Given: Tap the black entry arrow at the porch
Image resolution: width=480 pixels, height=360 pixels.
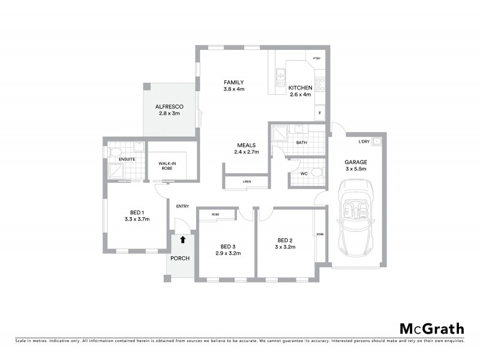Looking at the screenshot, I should point(183,239).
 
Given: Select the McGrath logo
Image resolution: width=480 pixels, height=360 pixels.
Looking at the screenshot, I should point(432,328).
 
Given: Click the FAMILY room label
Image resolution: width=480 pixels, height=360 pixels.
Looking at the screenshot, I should point(233,86).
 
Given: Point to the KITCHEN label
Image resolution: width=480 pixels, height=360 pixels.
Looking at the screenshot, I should point(300,91).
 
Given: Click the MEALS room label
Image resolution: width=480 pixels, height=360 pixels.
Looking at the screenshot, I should point(246,148).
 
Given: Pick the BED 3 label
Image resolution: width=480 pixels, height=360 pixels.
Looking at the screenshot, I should point(228,250).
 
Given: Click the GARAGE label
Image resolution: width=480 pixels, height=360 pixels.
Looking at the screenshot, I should point(356,166).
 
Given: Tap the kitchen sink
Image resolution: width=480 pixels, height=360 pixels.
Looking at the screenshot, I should point(280,76).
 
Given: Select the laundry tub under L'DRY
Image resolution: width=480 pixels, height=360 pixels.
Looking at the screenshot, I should point(376,142).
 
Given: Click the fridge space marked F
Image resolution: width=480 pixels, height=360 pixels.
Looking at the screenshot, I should point(320,113).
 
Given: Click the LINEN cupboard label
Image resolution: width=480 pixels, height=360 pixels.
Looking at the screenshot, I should point(247,181).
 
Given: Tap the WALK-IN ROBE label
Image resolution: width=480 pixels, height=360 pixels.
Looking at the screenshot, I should point(167,166).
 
